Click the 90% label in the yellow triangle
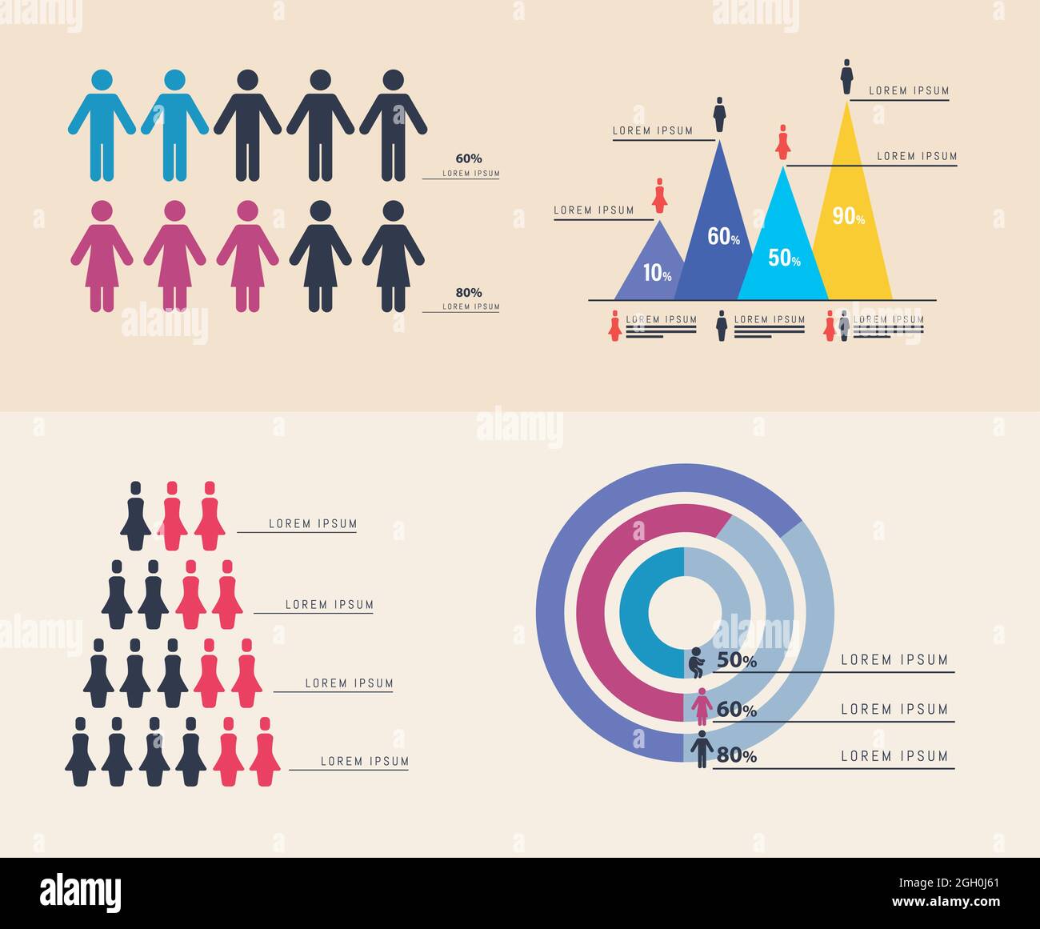coord(848,216)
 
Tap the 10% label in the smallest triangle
coord(657,274)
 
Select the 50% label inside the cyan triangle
coord(784,258)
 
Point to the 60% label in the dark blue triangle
coord(723,237)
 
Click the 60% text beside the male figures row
coord(469,158)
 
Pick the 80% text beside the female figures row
coord(469,293)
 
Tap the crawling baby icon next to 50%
coord(697,663)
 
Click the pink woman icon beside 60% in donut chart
coord(702,707)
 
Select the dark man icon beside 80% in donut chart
coord(702,750)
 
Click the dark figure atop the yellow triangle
coord(846,77)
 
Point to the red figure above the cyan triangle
coord(783,142)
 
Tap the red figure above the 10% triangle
coord(660,196)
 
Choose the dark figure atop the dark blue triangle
coord(719,114)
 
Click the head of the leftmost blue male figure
coord(102,80)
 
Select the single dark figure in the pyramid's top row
coord(135,516)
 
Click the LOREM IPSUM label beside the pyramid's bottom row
coord(364,761)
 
